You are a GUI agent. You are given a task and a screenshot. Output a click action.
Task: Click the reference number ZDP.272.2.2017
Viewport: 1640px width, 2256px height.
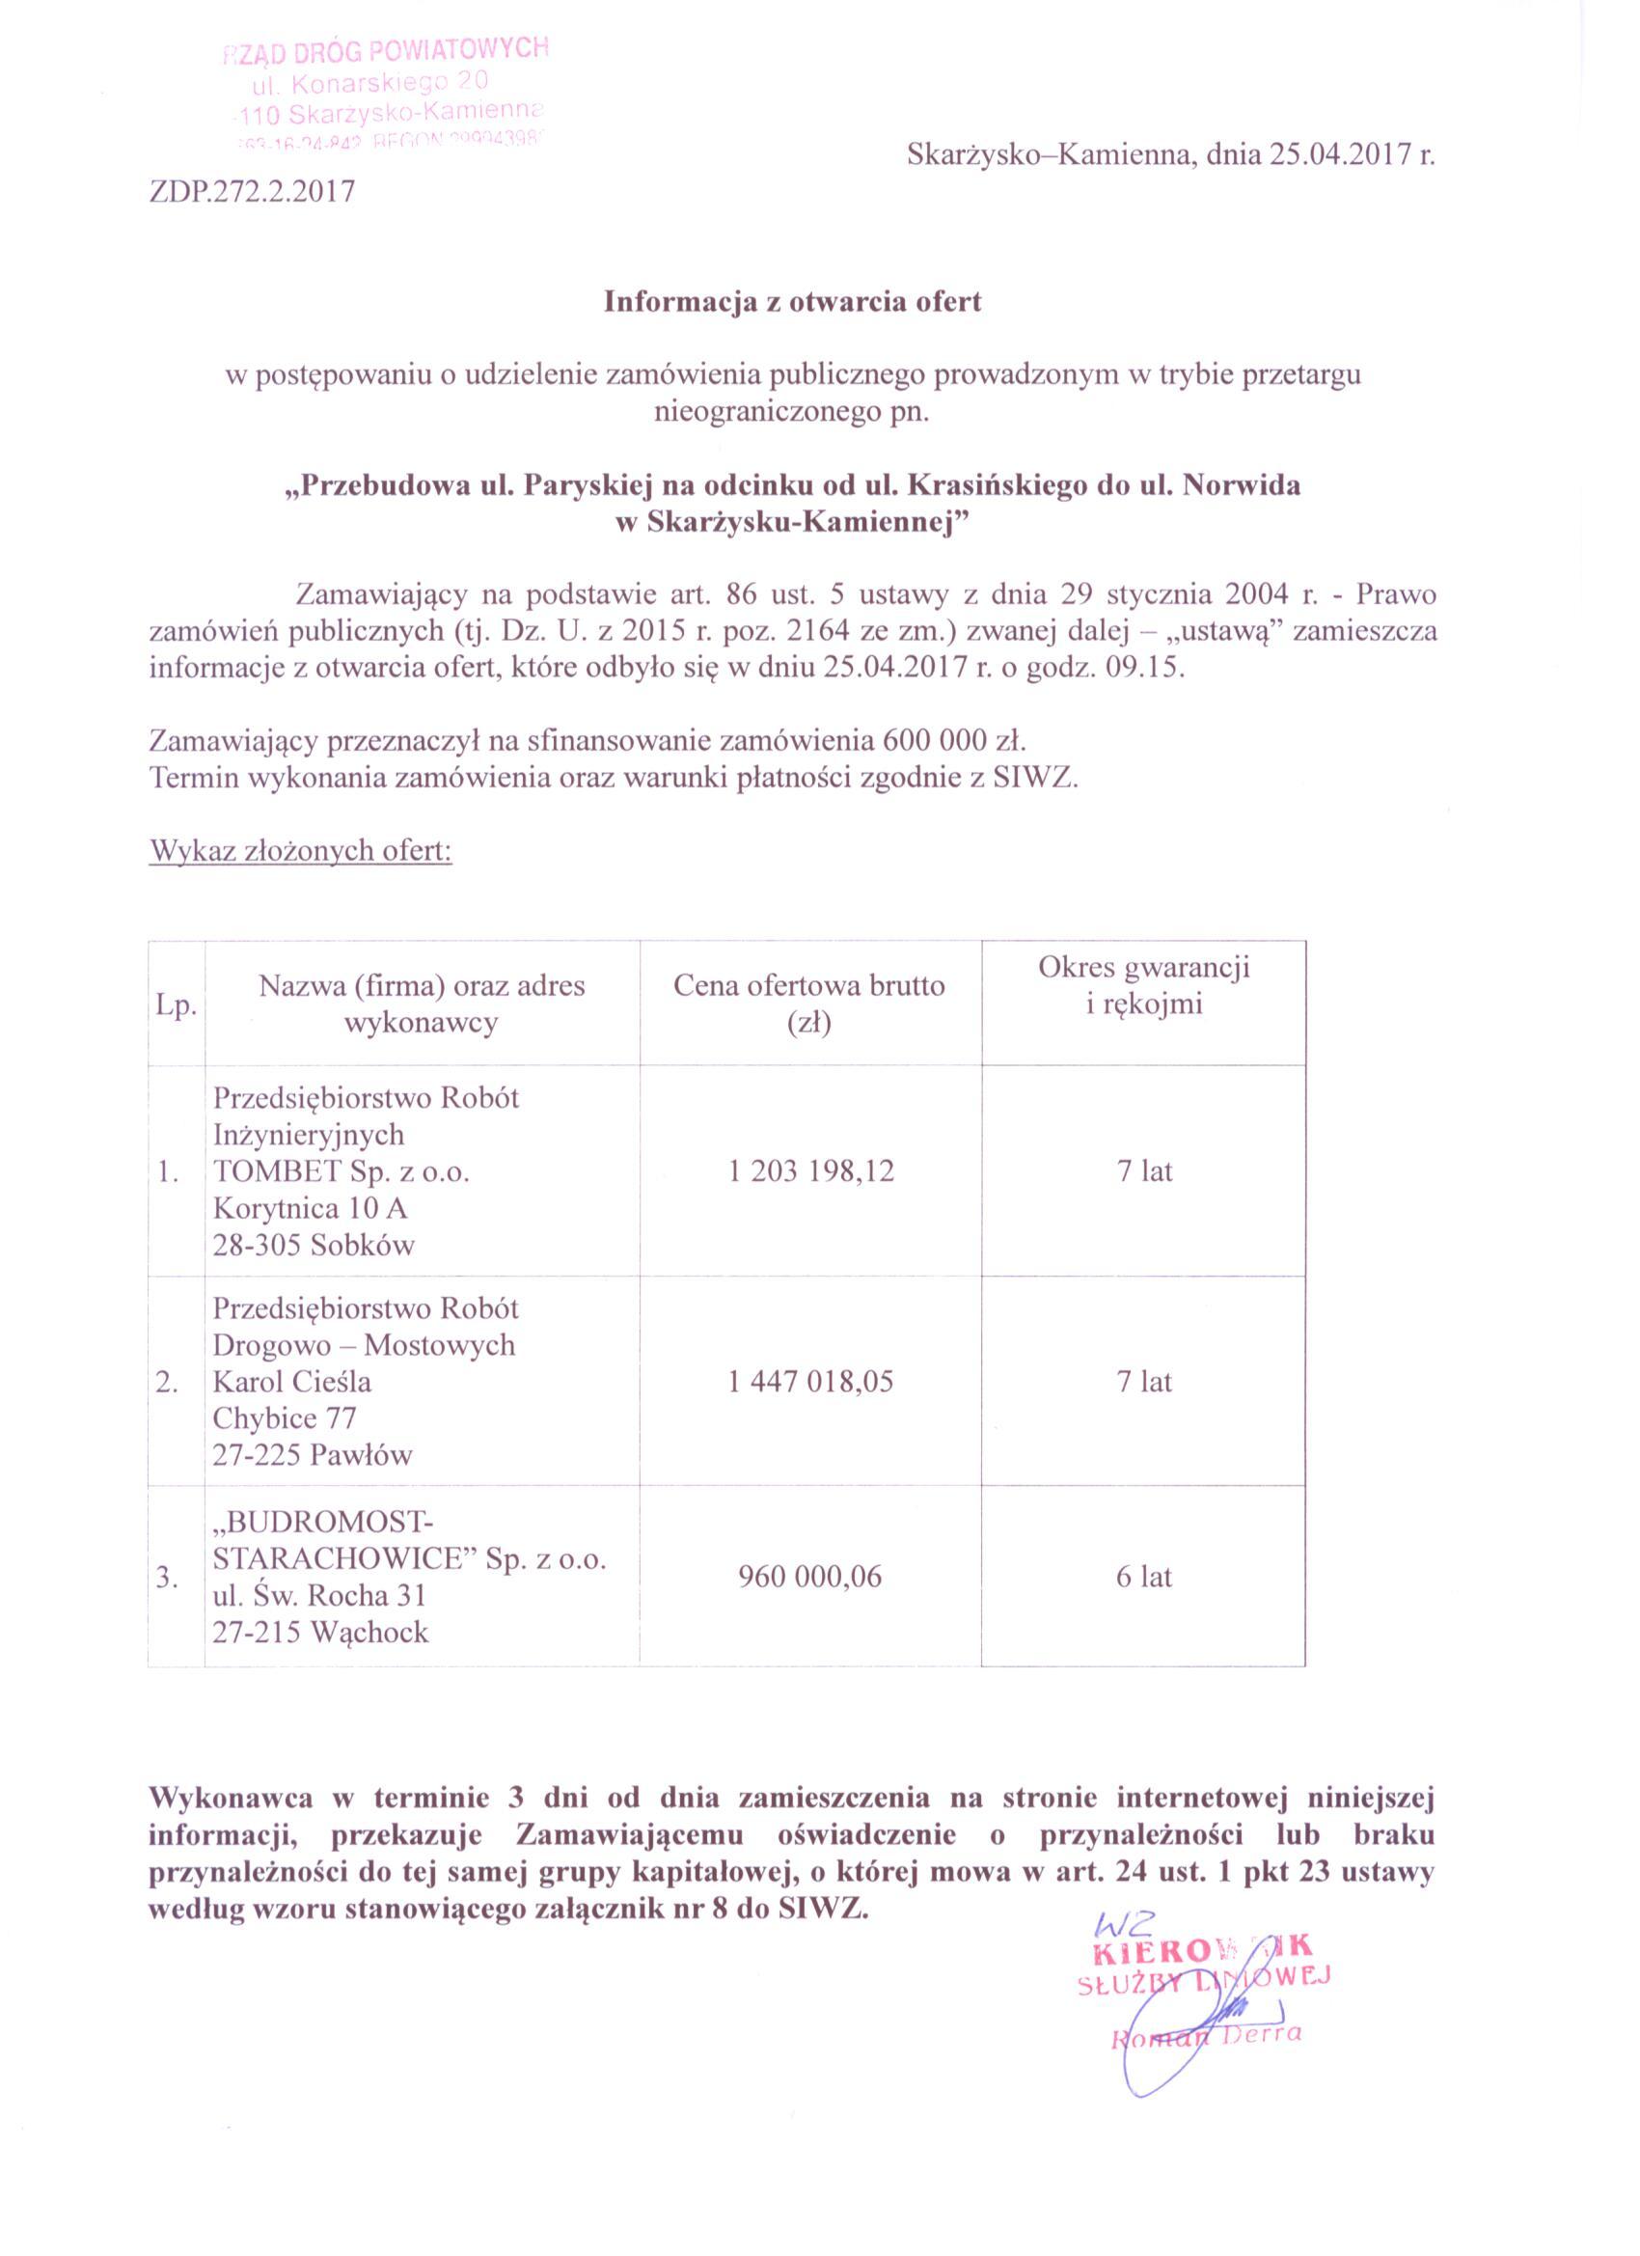(252, 191)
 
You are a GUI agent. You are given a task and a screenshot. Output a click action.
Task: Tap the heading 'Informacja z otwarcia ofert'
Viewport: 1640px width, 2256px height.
(792, 302)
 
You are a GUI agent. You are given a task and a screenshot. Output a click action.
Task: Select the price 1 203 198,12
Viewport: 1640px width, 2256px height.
(810, 1170)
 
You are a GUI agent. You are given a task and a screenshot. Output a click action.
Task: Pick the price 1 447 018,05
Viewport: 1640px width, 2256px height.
(810, 1382)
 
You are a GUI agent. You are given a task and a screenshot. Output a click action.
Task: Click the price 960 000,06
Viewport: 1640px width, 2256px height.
(810, 1577)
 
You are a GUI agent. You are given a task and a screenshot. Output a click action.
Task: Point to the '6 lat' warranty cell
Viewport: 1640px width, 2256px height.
(1144, 1577)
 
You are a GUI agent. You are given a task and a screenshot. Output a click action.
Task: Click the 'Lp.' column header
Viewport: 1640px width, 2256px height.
(175, 1005)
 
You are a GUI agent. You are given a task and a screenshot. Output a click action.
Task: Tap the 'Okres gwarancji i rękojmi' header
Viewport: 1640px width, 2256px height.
(1144, 986)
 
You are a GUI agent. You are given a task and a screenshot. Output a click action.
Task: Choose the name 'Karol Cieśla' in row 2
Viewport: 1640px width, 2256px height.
(291, 1382)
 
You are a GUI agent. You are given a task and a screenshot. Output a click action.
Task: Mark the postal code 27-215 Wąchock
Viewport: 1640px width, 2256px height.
(320, 1633)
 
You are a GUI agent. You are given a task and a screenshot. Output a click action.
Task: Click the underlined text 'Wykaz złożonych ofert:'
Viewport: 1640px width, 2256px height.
(300, 851)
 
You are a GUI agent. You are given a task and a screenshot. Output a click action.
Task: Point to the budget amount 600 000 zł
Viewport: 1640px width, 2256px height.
(953, 741)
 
